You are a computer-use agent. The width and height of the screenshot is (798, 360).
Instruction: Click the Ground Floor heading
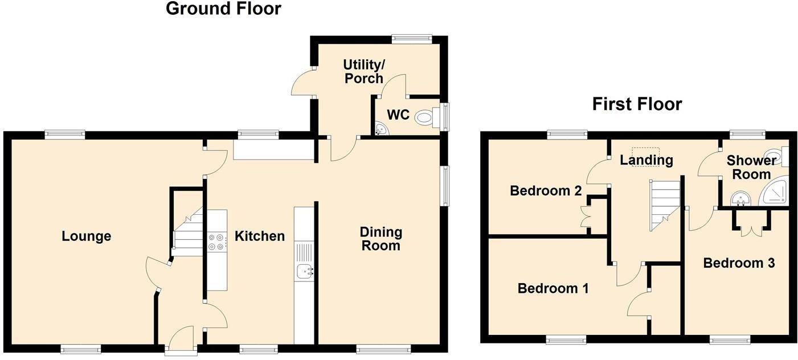[223, 9]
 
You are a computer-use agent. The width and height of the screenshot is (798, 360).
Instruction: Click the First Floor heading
[637, 104]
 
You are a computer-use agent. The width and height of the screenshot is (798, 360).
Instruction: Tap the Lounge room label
[86, 236]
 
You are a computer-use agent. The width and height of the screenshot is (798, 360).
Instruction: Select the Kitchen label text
[260, 236]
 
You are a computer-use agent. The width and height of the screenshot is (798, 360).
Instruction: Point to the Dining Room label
[380, 239]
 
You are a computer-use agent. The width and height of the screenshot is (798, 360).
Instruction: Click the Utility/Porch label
[363, 71]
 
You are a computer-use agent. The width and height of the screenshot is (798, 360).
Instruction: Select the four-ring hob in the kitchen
[216, 242]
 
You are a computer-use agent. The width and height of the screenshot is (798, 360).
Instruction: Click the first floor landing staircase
[664, 205]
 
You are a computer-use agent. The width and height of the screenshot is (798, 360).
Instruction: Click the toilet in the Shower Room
[776, 156]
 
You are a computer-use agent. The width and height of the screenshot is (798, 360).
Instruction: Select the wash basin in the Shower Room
[741, 198]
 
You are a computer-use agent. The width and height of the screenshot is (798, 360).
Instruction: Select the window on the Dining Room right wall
[444, 185]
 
